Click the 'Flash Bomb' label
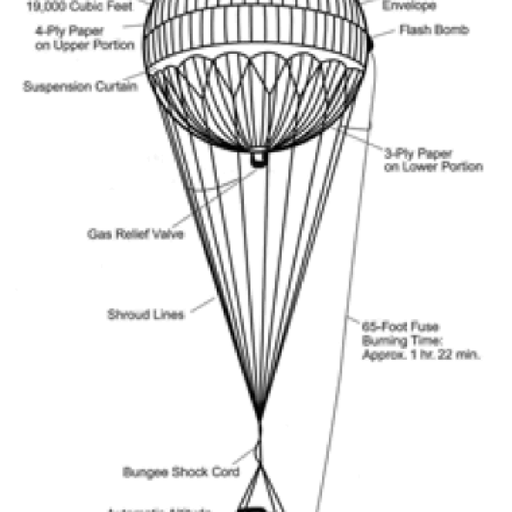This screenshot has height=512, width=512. (434, 29)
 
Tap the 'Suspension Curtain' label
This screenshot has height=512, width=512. (80, 87)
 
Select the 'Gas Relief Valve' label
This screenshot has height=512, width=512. (136, 234)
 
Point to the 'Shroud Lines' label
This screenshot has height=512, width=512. (145, 315)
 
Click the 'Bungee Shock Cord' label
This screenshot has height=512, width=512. (181, 472)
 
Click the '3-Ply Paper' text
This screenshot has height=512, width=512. (412, 153)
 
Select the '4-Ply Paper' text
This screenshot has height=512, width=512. (70, 31)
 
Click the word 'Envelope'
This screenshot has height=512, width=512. (409, 6)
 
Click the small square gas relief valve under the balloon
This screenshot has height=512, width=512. (258, 158)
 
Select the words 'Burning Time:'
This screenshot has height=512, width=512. (396, 341)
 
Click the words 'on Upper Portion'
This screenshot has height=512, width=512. (85, 45)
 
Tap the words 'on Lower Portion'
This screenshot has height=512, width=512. (433, 167)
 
